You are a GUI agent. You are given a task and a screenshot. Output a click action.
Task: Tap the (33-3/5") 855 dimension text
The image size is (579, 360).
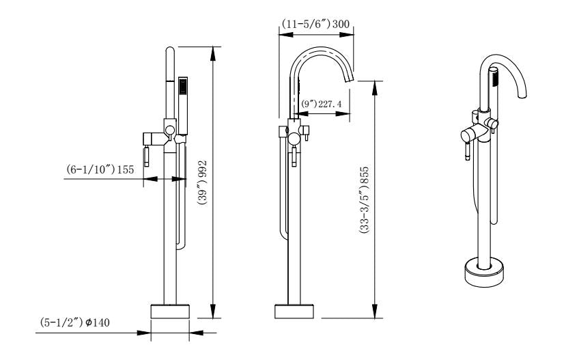tap(366, 197)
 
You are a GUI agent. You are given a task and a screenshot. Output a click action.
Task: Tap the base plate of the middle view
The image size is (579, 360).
tap(294, 311)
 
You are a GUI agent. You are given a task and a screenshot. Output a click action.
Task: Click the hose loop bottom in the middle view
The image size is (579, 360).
tap(281, 236)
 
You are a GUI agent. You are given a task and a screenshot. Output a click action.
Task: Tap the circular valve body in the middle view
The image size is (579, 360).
tap(294, 139)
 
